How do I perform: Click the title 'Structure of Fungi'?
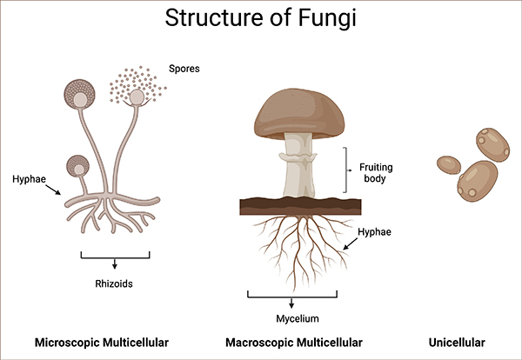[x=261, y=18]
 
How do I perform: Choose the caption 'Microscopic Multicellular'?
[x=102, y=342]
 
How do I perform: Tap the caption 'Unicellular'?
[x=462, y=342]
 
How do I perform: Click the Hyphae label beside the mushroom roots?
[x=375, y=232]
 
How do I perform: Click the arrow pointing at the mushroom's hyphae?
[x=351, y=246]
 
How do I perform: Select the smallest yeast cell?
[x=448, y=164]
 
